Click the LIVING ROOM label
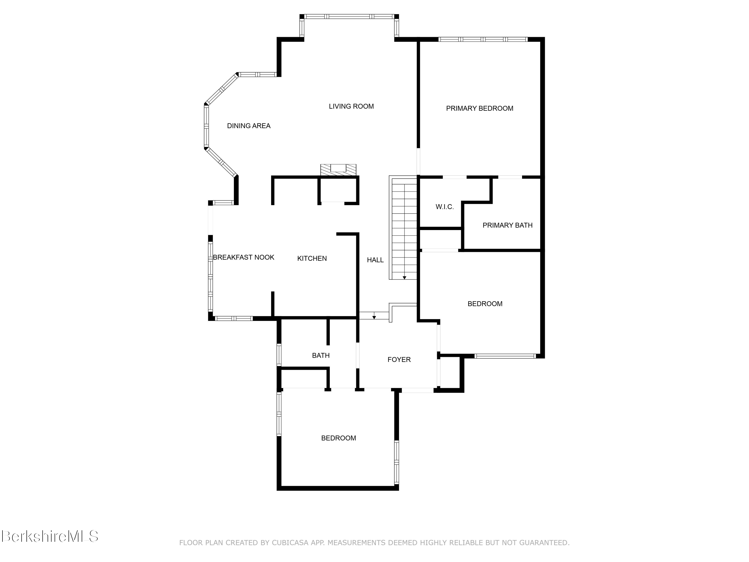tap(351, 106)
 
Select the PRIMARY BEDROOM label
tap(479, 108)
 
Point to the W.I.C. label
tap(445, 207)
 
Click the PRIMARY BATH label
tap(507, 225)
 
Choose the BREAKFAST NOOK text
tap(243, 258)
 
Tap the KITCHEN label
tap(312, 259)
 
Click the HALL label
tap(375, 260)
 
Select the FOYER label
tap(399, 359)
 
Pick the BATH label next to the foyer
tap(321, 355)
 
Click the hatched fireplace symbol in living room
tap(338, 170)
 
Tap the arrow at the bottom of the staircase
tap(404, 278)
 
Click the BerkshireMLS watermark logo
tap(50, 536)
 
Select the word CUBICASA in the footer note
tap(290, 543)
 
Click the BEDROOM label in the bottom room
tap(338, 438)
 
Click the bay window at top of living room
tap(349, 16)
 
